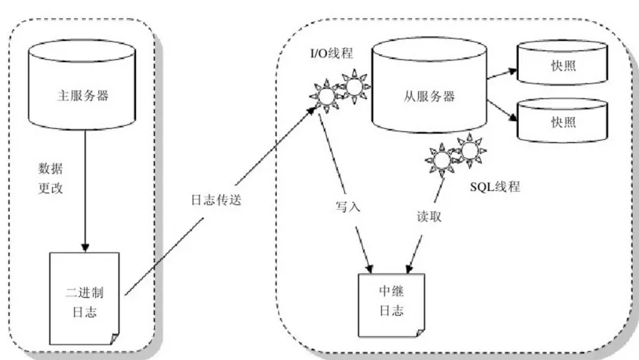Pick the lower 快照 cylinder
563,122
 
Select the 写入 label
346,208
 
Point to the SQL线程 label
495,187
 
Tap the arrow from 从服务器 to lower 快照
498,112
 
